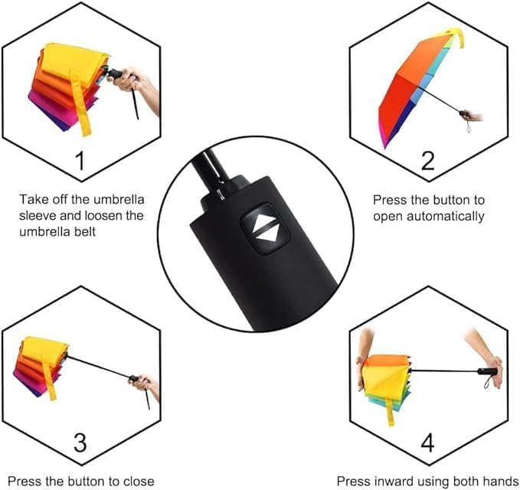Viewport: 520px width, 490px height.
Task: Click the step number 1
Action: pos(80,160)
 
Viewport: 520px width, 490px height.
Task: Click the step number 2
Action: pos(427,160)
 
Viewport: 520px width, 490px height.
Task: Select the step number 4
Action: pos(427,443)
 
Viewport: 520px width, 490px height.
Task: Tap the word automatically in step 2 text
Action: pos(448,216)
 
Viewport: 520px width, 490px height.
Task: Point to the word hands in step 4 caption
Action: pos(503,482)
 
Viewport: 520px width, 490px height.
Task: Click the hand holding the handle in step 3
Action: pos(146,384)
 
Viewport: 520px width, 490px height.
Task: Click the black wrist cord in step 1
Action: pos(135,103)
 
